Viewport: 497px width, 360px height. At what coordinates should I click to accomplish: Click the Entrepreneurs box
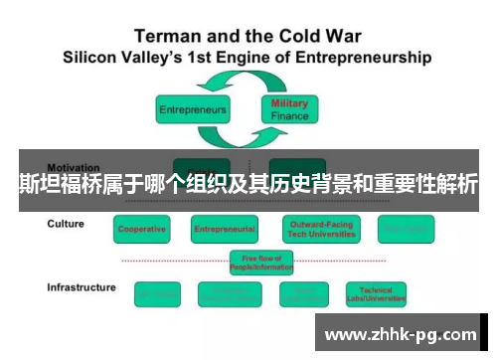point(192,108)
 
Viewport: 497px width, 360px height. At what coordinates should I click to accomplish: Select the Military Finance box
point(290,108)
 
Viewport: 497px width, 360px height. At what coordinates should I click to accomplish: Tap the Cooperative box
point(142,230)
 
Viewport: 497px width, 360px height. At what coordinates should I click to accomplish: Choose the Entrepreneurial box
point(225,230)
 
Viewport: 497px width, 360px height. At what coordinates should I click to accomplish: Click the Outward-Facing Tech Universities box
point(319,230)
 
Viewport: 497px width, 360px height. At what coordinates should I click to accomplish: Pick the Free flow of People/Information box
point(261,262)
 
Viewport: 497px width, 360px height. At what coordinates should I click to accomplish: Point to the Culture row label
point(66,224)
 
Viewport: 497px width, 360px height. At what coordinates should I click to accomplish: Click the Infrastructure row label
point(82,287)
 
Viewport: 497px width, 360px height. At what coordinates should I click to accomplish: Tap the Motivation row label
point(74,167)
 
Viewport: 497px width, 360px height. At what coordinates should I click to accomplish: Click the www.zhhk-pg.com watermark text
point(401,334)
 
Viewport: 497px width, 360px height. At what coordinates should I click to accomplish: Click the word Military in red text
point(290,103)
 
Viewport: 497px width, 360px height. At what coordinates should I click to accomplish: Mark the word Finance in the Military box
point(290,115)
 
